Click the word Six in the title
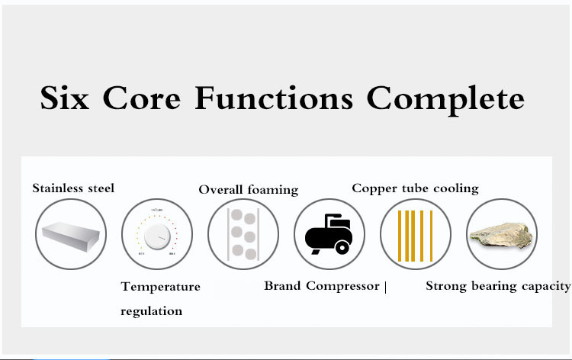(x=65, y=98)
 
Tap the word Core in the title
(x=142, y=98)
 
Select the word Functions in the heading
(x=274, y=98)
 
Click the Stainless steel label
(x=73, y=188)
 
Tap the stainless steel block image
(x=71, y=236)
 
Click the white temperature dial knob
(x=157, y=236)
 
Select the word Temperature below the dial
(x=160, y=287)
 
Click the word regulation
(x=152, y=311)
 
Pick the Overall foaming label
(x=249, y=190)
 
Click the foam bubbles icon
(x=243, y=234)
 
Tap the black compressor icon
(x=329, y=234)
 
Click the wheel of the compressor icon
(x=342, y=248)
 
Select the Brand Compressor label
(x=322, y=286)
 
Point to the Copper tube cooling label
(x=415, y=188)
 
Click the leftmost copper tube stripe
(x=400, y=236)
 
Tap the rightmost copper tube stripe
(x=431, y=236)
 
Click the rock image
(x=502, y=235)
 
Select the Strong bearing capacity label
(x=498, y=286)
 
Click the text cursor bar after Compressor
(x=386, y=287)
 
